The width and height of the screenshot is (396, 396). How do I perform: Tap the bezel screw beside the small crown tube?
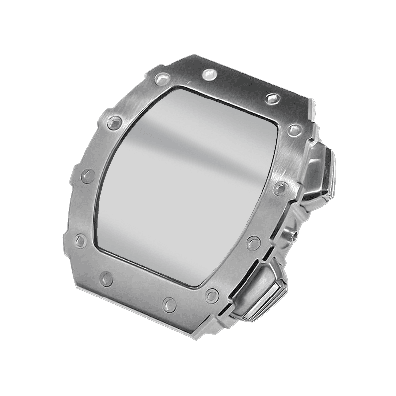(x=253, y=243)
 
